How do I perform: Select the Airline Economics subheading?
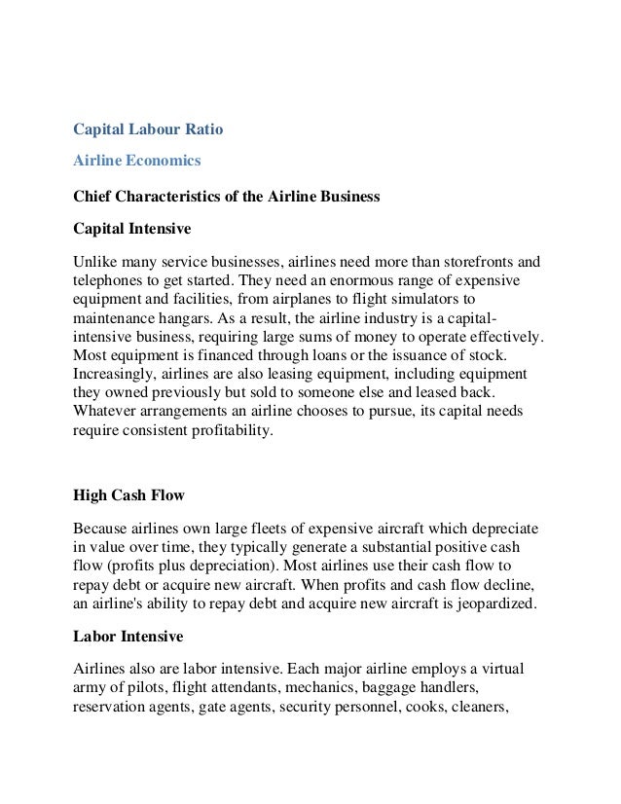coord(137,162)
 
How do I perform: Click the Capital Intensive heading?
coord(132,229)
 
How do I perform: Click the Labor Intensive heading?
coord(127,636)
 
